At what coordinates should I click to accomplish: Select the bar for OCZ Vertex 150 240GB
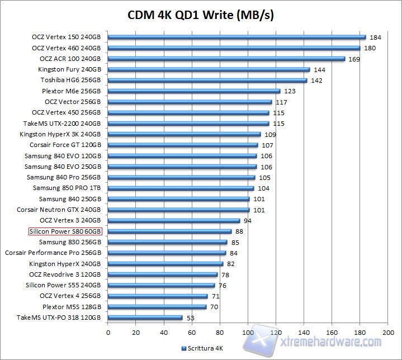tap(237, 37)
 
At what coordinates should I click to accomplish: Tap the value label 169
tap(354, 59)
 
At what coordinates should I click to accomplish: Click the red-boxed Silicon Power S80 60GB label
tap(65, 231)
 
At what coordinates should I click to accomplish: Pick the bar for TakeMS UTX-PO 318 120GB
tap(145, 318)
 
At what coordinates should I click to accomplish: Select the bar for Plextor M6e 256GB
tap(193, 91)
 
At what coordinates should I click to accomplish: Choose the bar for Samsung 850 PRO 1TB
tap(181, 188)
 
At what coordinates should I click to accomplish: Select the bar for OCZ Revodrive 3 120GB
tap(162, 274)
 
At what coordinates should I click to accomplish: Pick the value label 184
tap(375, 37)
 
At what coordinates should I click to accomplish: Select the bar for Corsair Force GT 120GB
tap(182, 145)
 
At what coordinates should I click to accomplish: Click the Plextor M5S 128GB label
tap(72, 307)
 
